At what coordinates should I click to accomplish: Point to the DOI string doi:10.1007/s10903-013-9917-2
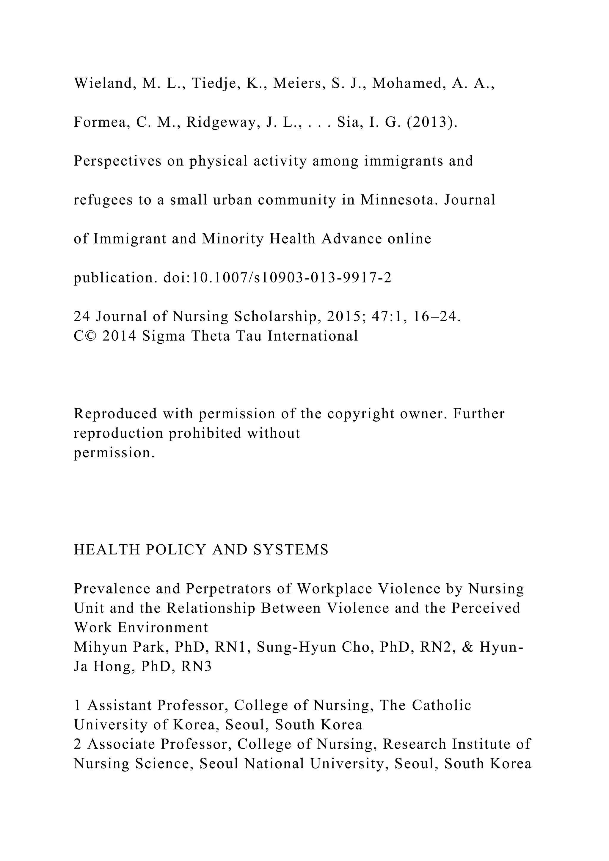pyautogui.click(x=277, y=278)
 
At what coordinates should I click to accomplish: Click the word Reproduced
pyautogui.click(x=115, y=414)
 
